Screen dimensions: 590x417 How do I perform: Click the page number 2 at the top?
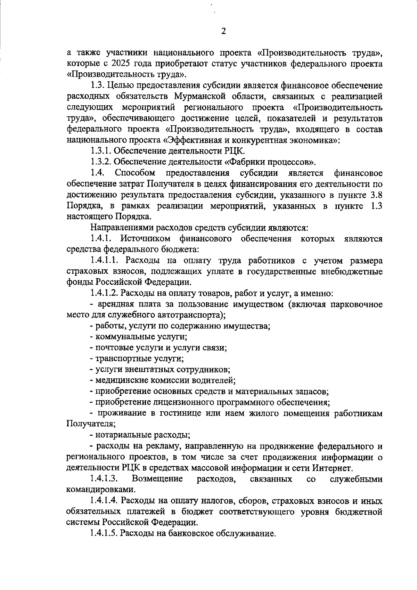coord(223,32)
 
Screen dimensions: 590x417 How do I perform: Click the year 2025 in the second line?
coord(121,64)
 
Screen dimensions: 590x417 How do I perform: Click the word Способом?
coord(135,173)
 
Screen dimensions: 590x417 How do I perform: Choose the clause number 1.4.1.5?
coord(104,533)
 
